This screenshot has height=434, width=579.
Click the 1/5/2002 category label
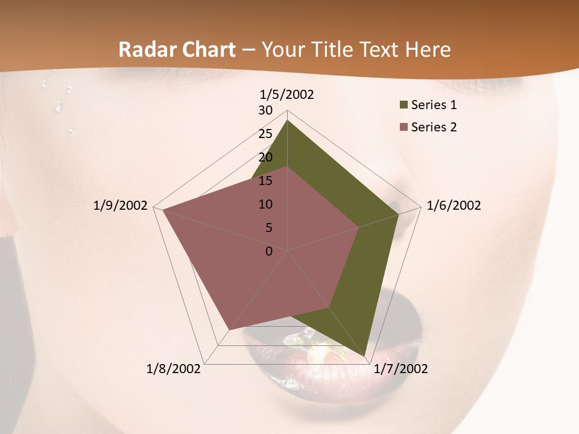coord(287,95)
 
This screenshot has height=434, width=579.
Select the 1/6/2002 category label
coord(454,206)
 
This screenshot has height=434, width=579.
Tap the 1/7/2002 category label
coord(400,369)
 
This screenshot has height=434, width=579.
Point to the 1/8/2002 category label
coord(174,369)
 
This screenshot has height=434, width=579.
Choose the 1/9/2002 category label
coord(121,206)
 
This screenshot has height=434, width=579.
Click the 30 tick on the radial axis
coord(265,110)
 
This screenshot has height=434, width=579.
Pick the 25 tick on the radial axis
coord(265,134)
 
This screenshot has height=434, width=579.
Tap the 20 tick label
coord(265,157)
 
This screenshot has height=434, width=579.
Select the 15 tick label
coord(265,181)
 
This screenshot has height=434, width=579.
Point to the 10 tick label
coord(265,204)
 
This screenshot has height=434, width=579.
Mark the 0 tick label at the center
coord(269,251)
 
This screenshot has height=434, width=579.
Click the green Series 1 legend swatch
coord(403,105)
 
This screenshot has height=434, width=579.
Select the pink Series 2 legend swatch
coord(403,127)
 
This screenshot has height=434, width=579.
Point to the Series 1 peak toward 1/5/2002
coord(287,121)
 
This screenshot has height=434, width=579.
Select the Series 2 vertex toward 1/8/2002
coord(229,330)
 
